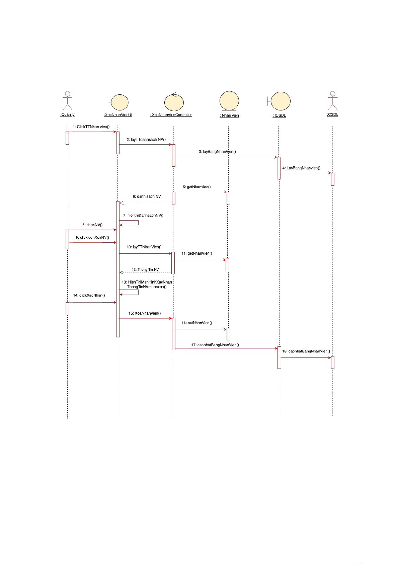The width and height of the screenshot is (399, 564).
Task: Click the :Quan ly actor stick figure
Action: coord(68,101)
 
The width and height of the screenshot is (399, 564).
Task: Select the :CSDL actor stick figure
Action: coord(332,101)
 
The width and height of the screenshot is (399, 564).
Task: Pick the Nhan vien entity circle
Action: coord(229,101)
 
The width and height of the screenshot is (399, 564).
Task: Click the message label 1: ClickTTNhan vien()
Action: coord(91,127)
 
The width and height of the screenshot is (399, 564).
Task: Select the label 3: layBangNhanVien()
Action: coord(217,152)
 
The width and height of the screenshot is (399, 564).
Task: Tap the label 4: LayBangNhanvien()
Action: coord(301,168)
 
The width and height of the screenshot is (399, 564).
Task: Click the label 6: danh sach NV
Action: coord(147,196)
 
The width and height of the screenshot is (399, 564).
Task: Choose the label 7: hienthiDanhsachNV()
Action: coord(143,215)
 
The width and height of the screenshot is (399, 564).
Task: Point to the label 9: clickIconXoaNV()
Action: coord(92,237)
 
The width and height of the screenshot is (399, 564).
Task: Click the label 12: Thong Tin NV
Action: coord(145,270)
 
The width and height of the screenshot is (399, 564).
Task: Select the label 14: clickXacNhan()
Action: coord(89,295)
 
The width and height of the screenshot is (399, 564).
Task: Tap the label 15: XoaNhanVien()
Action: coord(145,313)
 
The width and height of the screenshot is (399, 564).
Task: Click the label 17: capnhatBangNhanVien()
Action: coord(215,345)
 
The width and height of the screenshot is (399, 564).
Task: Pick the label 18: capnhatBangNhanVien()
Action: coord(306,351)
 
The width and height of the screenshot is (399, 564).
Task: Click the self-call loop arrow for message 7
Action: coord(138,223)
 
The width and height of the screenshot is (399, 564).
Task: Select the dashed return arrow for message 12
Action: coord(146,272)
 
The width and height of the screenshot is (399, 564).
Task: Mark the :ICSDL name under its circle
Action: coord(279,115)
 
